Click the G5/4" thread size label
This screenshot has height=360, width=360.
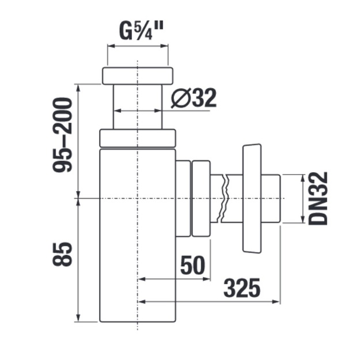(141, 31)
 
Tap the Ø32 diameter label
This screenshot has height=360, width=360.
(194, 98)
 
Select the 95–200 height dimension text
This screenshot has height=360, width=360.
(62, 135)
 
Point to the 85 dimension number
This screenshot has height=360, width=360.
(62, 254)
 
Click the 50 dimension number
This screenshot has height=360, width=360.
(192, 265)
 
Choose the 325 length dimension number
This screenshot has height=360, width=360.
(242, 288)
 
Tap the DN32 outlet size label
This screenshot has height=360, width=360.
(318, 198)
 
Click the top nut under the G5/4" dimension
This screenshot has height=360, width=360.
(137, 76)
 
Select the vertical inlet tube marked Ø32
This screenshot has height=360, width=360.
(137, 107)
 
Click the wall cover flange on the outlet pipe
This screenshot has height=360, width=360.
(252, 198)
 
